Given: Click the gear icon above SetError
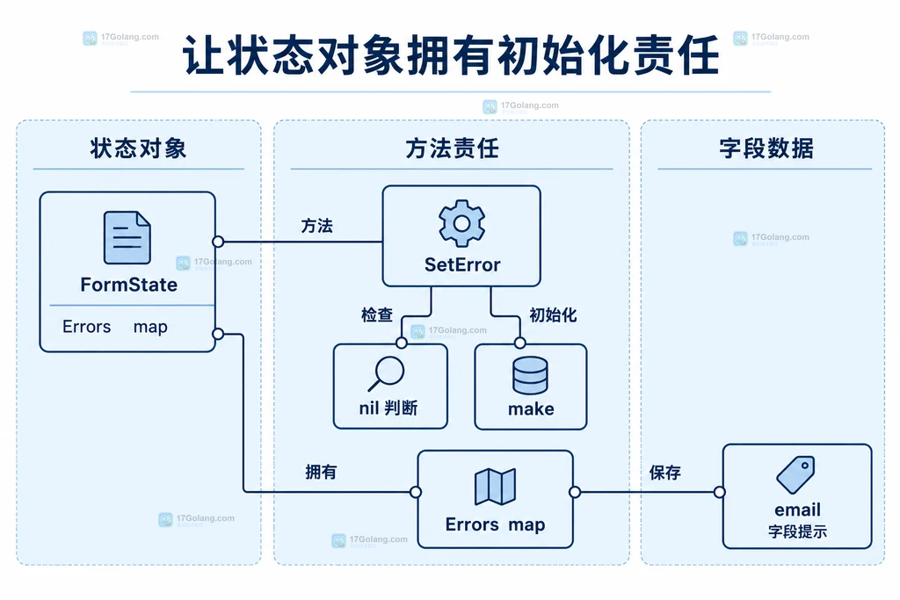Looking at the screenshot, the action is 461,223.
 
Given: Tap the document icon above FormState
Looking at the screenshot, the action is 127,237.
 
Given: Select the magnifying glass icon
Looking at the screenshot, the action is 386,373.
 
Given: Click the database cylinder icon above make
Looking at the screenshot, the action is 530,375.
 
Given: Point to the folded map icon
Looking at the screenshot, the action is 495,487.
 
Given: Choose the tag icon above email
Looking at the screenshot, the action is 796,474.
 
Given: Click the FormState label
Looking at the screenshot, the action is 128,285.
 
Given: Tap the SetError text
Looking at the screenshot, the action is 462,264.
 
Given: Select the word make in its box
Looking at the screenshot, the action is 531,409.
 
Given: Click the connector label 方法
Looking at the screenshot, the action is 316,226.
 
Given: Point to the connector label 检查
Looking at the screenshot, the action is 377,314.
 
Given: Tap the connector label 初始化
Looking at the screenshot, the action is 553,314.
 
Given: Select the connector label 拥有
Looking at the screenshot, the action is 321,472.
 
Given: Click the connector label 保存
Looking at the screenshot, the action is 664,473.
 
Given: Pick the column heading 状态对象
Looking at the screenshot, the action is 138,148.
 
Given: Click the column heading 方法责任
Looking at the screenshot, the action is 453,148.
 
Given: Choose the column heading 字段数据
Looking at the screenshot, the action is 766,148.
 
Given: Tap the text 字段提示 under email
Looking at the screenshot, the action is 797,531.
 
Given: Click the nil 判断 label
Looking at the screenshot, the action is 388,408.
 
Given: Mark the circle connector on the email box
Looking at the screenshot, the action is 719,492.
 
